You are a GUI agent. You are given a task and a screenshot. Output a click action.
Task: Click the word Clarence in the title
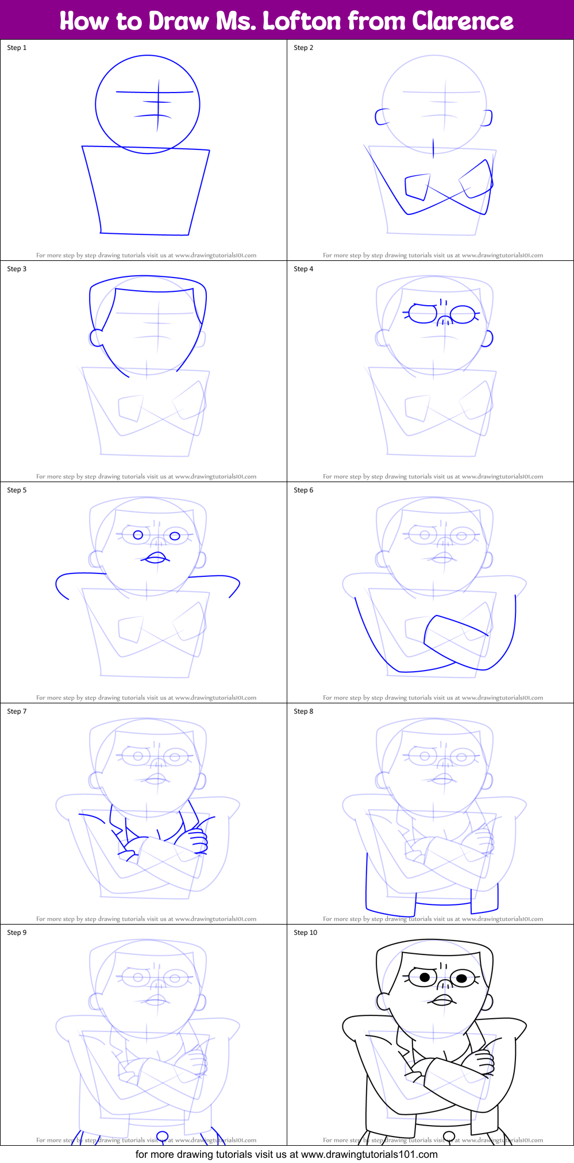pos(463,21)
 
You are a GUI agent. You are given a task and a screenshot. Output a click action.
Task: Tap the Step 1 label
pos(17,48)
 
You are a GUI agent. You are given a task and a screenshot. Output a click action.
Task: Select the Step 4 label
pos(303,269)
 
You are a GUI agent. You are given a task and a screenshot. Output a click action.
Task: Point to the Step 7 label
pos(17,711)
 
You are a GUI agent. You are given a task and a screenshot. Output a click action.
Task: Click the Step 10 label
pos(305,933)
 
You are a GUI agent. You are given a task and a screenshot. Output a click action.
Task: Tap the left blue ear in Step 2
pos(382,117)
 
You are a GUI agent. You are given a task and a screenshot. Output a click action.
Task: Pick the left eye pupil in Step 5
pos(138,535)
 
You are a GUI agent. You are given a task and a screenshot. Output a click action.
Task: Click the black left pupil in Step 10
pos(425,977)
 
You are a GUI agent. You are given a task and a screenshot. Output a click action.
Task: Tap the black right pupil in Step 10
pos(461,978)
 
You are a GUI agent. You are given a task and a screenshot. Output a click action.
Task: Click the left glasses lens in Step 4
pos(423,314)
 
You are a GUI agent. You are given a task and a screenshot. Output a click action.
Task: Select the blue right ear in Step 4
pos(487,339)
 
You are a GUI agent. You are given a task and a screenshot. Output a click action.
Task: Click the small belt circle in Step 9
pos(163,1135)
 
